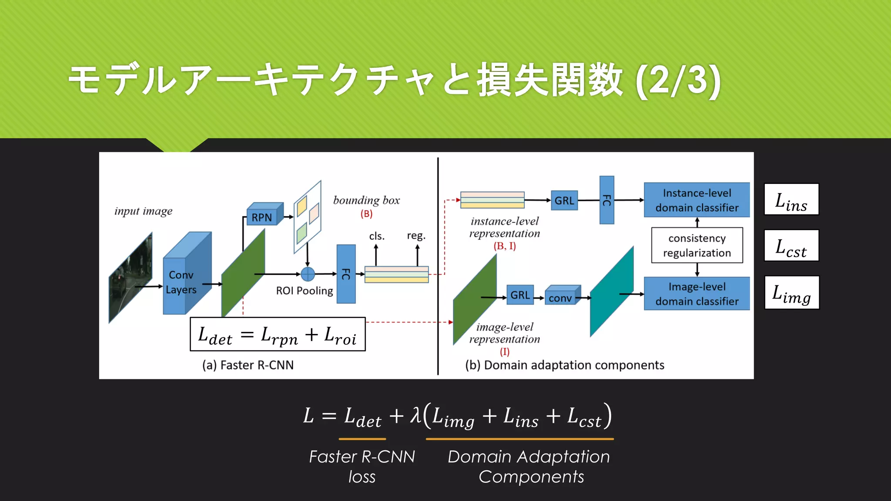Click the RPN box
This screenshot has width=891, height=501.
pos(262,217)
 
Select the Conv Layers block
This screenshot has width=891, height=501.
pos(181,282)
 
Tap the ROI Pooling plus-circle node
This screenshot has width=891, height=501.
pos(308,274)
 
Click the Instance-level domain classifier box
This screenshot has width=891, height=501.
pos(697,200)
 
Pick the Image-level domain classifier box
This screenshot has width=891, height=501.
pos(697,294)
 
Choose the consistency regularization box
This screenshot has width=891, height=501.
pos(697,245)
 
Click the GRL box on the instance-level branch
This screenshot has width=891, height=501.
pos(564,200)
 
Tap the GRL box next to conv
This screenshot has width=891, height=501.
pos(520,295)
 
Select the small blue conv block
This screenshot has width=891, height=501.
pos(560,297)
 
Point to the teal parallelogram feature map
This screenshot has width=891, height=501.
pos(611,291)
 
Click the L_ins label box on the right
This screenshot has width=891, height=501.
pos(791,200)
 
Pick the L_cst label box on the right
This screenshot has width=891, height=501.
pos(791,246)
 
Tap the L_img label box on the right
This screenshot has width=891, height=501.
pos(791,293)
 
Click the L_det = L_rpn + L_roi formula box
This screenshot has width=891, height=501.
pos(278,334)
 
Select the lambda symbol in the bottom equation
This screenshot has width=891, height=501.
pos(416,415)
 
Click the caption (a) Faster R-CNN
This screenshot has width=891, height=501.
pos(248,365)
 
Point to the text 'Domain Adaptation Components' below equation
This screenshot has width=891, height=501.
pos(529,467)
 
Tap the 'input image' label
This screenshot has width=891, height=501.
pos(143,211)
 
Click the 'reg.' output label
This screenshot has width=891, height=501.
pos(416,236)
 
